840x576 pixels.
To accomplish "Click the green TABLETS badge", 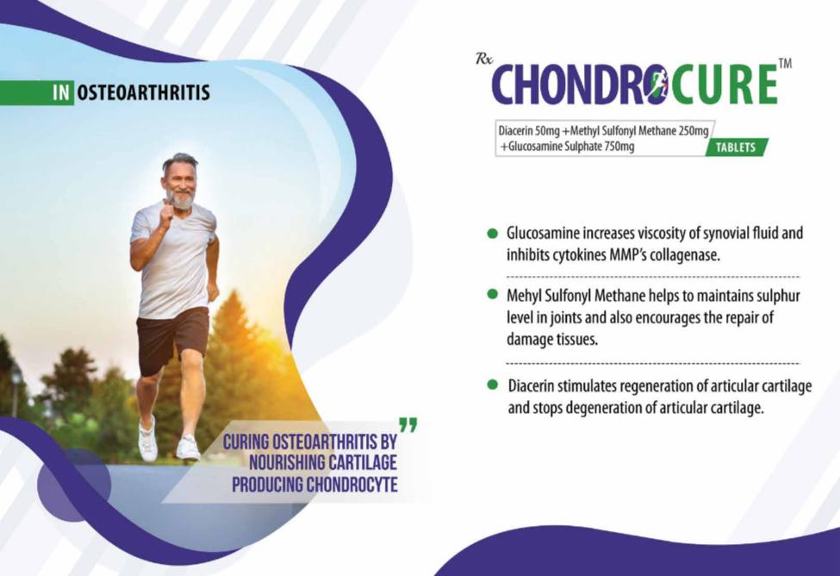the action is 737,147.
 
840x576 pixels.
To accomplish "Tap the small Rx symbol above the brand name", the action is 483,59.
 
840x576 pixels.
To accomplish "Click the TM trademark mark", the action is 785,64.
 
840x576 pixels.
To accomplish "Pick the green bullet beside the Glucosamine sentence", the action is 492,234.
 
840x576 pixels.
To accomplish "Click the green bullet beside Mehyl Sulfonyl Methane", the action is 492,294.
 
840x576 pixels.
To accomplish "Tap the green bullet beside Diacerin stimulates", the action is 492,385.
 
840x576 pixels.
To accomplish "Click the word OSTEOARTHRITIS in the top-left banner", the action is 144,93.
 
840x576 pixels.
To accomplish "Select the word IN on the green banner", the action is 61,93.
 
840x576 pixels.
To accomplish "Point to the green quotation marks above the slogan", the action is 408,425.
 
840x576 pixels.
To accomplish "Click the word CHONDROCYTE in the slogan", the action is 352,485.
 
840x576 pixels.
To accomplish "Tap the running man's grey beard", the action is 182,199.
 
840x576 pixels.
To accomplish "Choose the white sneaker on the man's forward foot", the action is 147,440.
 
